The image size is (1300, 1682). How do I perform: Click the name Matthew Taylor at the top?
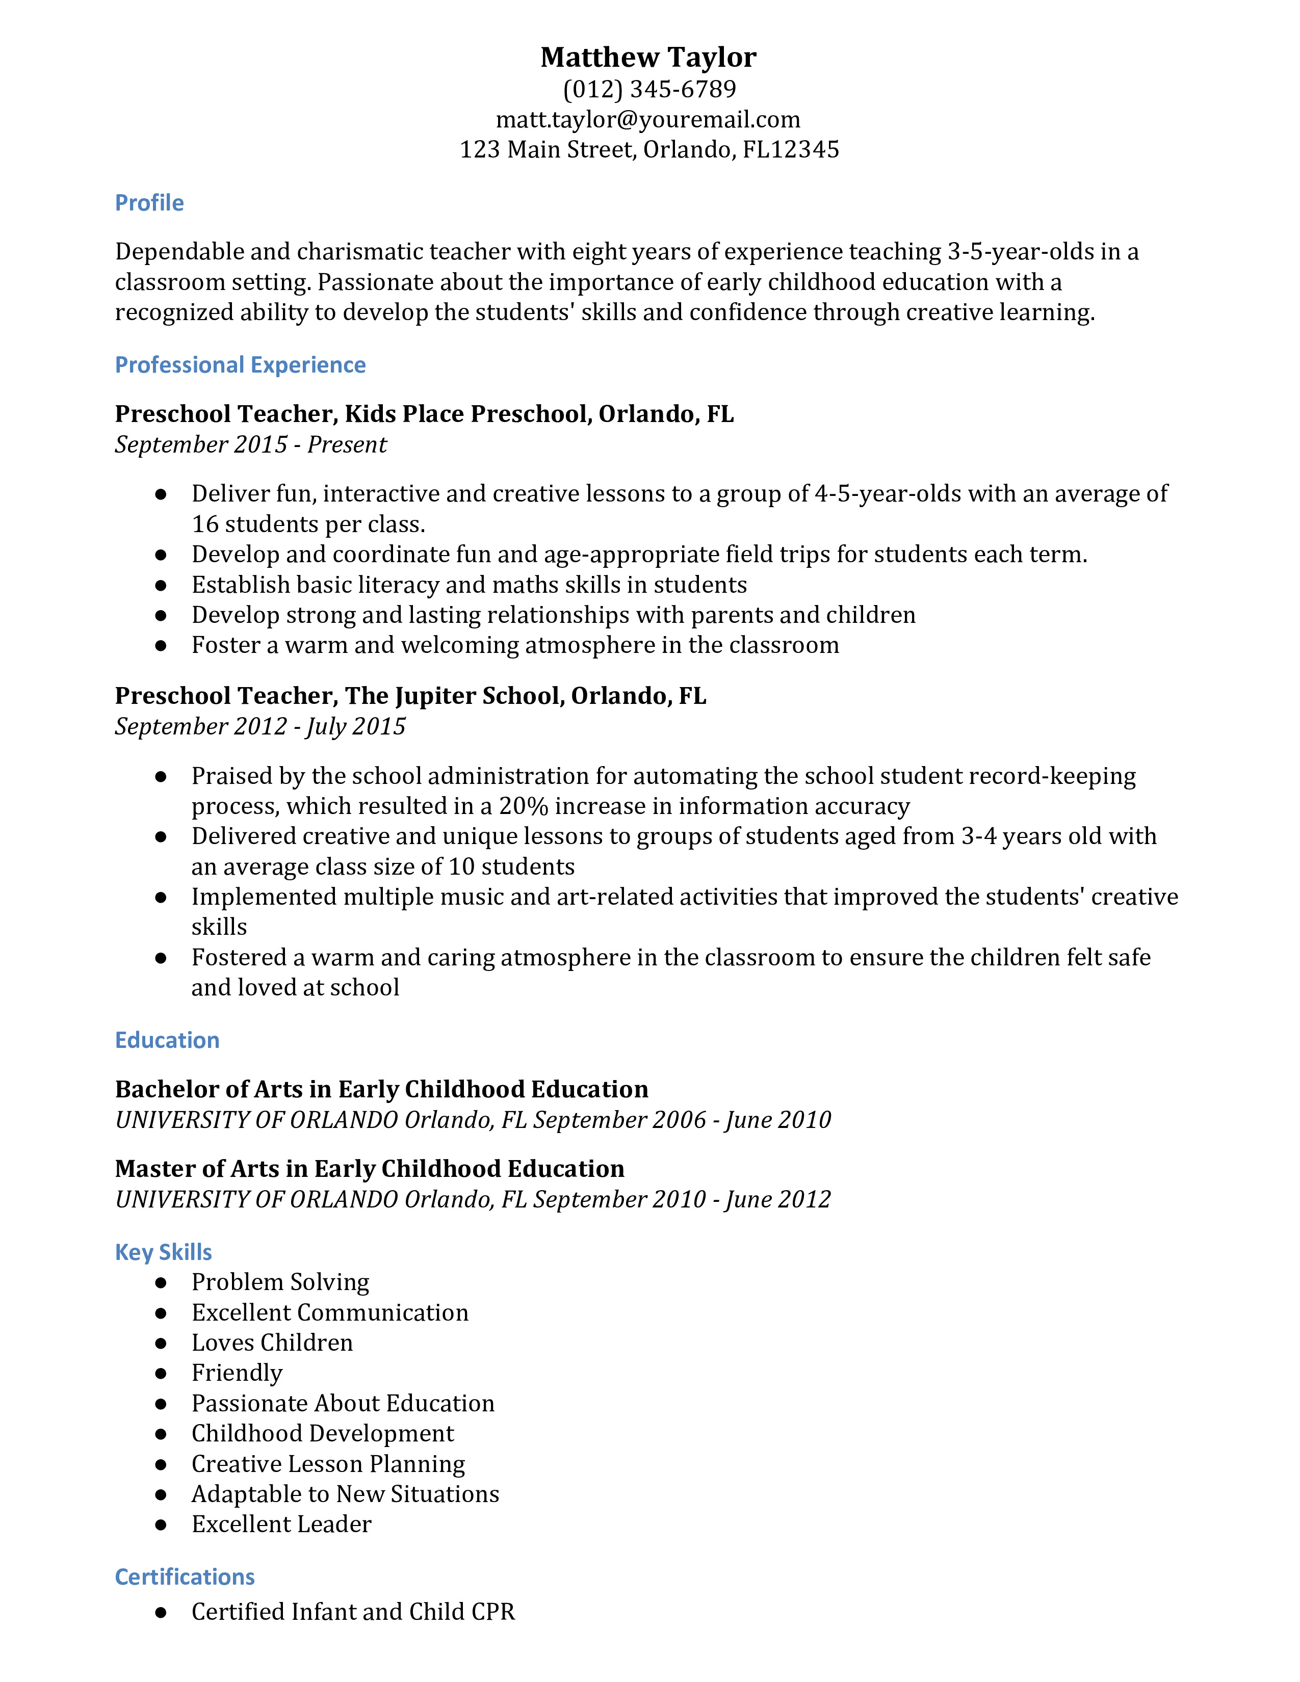click(x=648, y=58)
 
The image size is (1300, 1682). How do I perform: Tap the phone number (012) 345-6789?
click(x=649, y=89)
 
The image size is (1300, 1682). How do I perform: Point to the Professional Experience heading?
click(x=240, y=365)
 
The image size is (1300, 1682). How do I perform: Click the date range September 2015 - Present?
click(x=251, y=445)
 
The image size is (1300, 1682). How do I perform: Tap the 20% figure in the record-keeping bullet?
click(x=524, y=806)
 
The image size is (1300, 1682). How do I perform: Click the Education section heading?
click(x=167, y=1040)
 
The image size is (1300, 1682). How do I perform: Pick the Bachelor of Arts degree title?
click(x=381, y=1090)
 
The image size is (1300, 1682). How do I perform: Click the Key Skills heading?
click(x=163, y=1252)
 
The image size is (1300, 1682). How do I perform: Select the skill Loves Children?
click(x=272, y=1343)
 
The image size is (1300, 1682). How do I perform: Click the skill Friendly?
click(x=237, y=1373)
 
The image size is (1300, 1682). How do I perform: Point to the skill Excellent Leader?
click(x=281, y=1524)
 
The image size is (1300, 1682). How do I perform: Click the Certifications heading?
click(x=185, y=1578)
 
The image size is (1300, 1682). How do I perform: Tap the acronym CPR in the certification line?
click(x=490, y=1612)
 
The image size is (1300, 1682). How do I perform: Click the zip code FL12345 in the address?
click(x=791, y=149)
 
